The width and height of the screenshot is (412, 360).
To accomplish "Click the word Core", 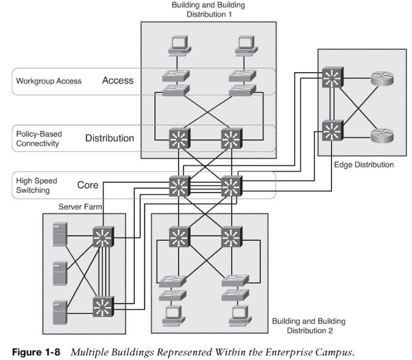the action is click(x=88, y=185).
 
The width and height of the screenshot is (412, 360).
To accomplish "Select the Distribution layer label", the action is click(x=110, y=138).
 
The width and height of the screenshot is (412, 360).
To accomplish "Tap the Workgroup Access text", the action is click(x=49, y=81).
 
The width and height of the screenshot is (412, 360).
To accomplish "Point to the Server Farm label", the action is click(x=80, y=207).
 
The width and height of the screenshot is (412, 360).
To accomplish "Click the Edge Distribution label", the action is click(x=364, y=165).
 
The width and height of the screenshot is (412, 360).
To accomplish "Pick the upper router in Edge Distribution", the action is click(x=382, y=78).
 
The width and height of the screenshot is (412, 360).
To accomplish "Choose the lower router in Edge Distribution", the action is click(x=382, y=135).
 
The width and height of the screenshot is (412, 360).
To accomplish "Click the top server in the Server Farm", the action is click(x=60, y=234).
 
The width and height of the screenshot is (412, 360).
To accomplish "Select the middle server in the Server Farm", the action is click(x=60, y=273).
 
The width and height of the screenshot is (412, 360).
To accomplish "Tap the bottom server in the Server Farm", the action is click(x=60, y=313).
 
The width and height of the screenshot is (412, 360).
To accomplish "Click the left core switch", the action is click(x=179, y=186).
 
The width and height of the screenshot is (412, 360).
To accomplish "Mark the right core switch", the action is click(x=232, y=186).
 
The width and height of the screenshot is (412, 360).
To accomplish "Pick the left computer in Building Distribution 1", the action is click(x=179, y=46).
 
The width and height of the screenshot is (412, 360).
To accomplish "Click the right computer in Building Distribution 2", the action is click(x=240, y=316).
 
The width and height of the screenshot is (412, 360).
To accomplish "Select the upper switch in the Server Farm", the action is click(x=103, y=237).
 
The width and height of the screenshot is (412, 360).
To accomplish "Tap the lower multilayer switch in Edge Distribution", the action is click(x=333, y=130).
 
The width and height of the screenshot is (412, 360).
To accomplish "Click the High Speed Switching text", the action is click(x=37, y=185).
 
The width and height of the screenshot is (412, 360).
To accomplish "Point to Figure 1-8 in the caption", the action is click(x=36, y=352).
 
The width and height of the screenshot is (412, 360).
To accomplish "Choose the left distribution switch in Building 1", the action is click(x=179, y=139).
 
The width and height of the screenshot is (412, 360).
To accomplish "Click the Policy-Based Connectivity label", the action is click(x=39, y=139).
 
